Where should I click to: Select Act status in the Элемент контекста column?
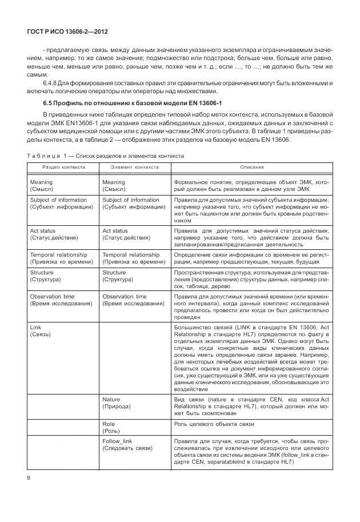(123, 234)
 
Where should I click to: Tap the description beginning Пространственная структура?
(251, 280)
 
